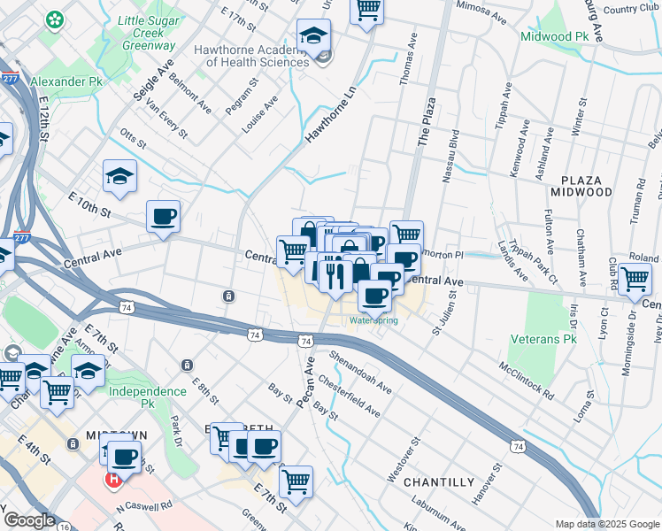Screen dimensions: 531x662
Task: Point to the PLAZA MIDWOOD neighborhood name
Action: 581,186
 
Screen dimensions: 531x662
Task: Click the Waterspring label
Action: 373,319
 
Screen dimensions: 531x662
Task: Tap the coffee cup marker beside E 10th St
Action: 164,217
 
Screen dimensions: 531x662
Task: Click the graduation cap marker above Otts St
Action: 119,176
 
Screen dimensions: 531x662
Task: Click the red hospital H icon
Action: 113,481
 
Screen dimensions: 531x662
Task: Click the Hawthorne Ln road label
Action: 330,114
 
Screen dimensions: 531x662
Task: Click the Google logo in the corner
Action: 29,520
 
